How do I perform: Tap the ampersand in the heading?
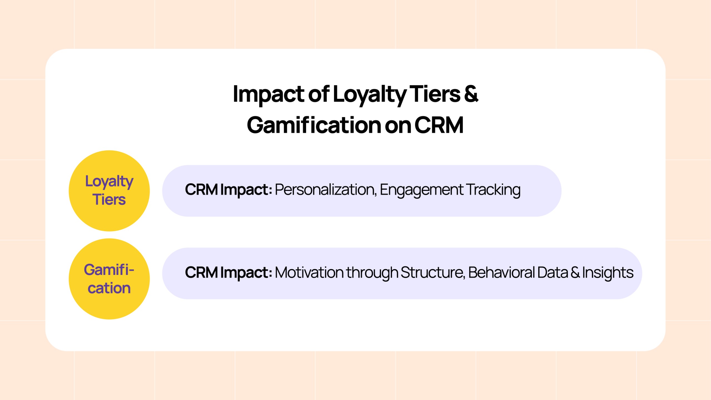(471, 94)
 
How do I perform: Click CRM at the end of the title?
(439, 125)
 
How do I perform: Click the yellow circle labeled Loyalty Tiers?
(109, 191)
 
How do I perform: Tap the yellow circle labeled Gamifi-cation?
(109, 279)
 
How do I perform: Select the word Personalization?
(326, 190)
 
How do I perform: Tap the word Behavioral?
(501, 272)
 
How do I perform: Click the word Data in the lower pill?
(553, 272)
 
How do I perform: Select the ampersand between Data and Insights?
(575, 273)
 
